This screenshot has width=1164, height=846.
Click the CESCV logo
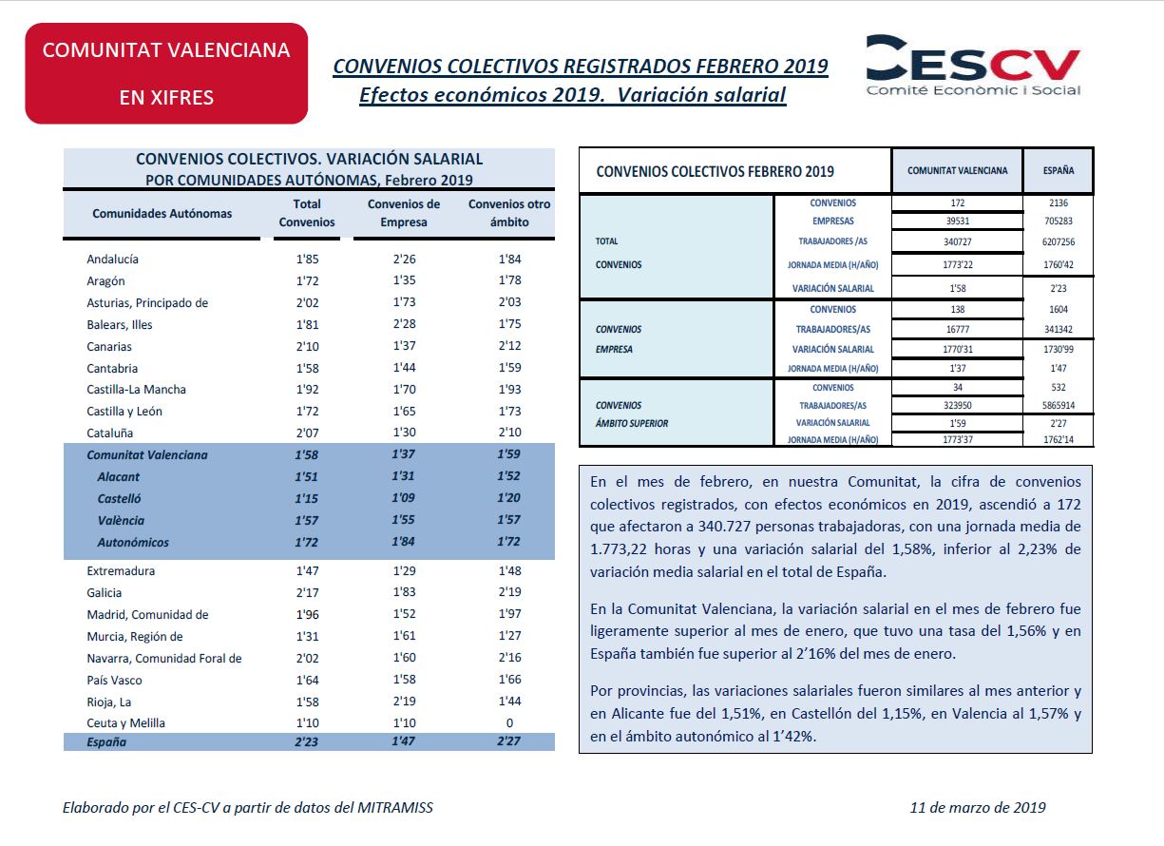[973, 66]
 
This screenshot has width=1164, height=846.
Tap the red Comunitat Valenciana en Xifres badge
[166, 73]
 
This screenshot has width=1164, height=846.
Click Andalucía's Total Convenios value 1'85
[307, 259]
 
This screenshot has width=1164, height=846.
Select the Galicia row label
[104, 593]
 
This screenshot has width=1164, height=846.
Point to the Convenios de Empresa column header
[404, 213]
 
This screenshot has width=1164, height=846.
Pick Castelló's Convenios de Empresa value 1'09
[403, 497]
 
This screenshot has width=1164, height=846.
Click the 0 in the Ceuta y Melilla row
[509, 722]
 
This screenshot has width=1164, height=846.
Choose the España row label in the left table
[106, 742]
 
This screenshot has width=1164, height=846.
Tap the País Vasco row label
[114, 681]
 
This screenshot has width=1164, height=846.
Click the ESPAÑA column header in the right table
[1058, 170]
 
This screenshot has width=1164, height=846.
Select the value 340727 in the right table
[957, 241]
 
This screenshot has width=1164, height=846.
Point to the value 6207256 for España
[1058, 241]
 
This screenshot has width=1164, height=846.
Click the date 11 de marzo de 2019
[978, 808]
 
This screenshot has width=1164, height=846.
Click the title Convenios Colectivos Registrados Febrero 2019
[581, 67]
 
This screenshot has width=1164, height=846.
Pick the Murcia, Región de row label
[135, 637]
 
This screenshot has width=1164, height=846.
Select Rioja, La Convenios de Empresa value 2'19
[404, 701]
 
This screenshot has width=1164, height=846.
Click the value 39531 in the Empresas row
[957, 221]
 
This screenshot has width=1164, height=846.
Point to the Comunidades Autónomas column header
[162, 213]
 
